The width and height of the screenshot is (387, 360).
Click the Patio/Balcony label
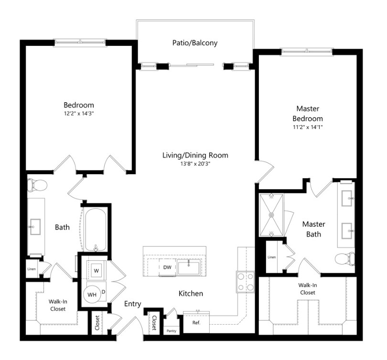pyautogui.click(x=194, y=43)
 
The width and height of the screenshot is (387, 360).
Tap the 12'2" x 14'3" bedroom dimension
pyautogui.click(x=79, y=115)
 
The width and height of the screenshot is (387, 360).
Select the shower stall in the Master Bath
pyautogui.click(x=271, y=215)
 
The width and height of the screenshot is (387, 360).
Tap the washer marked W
pyautogui.click(x=96, y=270)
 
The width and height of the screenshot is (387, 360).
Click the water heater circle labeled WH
pyautogui.click(x=92, y=295)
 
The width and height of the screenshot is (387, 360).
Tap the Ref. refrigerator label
pyautogui.click(x=196, y=322)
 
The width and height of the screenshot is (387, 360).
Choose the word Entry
pyautogui.click(x=132, y=304)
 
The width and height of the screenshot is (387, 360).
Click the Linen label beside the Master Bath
pyautogui.click(x=271, y=257)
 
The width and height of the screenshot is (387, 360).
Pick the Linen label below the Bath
pyautogui.click(x=32, y=268)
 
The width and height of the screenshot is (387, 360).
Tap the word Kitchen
pyautogui.click(x=191, y=293)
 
